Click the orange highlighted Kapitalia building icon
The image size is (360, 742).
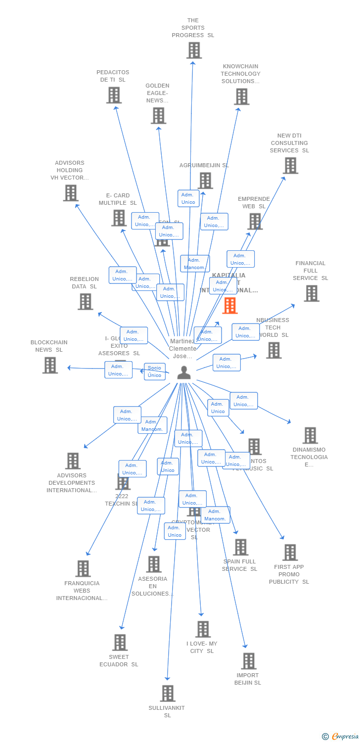pyautogui.click(x=230, y=306)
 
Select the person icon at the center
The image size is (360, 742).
pyautogui.click(x=184, y=372)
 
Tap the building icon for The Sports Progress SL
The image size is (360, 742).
pyautogui.click(x=194, y=50)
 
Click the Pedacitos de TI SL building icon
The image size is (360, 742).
pyautogui.click(x=114, y=95)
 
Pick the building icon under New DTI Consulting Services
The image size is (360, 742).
pyautogui.click(x=291, y=166)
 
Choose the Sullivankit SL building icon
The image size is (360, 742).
pyautogui.click(x=168, y=694)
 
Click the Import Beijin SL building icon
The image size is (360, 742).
pyautogui.click(x=249, y=661)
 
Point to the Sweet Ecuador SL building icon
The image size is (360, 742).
pyautogui.click(x=120, y=643)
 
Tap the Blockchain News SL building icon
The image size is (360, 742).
pyautogui.click(x=50, y=365)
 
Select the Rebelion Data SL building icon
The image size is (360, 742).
pyautogui.click(x=86, y=302)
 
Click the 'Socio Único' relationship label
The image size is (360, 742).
pyautogui.click(x=154, y=371)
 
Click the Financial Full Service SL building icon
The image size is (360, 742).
pyautogui.click(x=312, y=293)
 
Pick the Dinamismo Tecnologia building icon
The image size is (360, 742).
pyautogui.click(x=310, y=436)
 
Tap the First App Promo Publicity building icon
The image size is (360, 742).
pyautogui.click(x=290, y=553)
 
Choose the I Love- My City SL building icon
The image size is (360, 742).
pyautogui.click(x=203, y=629)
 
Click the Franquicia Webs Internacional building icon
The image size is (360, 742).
pyautogui.click(x=83, y=569)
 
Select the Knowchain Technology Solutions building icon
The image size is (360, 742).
pyautogui.click(x=242, y=96)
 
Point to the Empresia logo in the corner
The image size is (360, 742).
pyautogui.click(x=341, y=737)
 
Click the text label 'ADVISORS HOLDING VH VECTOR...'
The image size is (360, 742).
pyautogui.click(x=70, y=170)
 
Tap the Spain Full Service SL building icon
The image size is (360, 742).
pyautogui.click(x=241, y=547)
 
